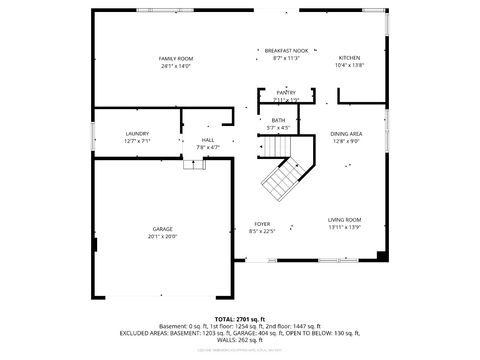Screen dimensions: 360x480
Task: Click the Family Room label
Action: click(x=176, y=59)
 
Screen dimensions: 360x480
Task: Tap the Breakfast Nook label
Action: click(x=286, y=50)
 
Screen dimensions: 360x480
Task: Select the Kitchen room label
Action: click(x=349, y=58)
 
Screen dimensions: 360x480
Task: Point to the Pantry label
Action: click(x=286, y=92)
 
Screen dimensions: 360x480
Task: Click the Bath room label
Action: click(x=278, y=121)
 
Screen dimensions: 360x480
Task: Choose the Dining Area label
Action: click(x=346, y=133)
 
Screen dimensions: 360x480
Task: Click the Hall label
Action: click(x=208, y=140)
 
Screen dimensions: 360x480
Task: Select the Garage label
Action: click(x=162, y=229)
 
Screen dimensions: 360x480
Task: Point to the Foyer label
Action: click(x=262, y=224)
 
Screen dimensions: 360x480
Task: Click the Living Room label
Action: click(x=345, y=220)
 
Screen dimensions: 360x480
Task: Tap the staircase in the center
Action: click(x=284, y=177)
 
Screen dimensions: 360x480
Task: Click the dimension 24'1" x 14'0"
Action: click(x=176, y=66)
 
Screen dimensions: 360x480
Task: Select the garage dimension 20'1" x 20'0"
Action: click(x=162, y=237)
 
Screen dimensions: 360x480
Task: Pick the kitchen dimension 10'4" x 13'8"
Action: click(x=349, y=66)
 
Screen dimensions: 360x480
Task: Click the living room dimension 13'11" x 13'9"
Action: click(x=345, y=228)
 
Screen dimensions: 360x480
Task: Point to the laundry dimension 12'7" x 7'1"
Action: click(x=137, y=141)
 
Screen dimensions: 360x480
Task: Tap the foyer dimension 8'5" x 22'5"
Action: click(x=262, y=231)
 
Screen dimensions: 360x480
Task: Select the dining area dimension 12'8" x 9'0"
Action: click(x=346, y=141)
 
